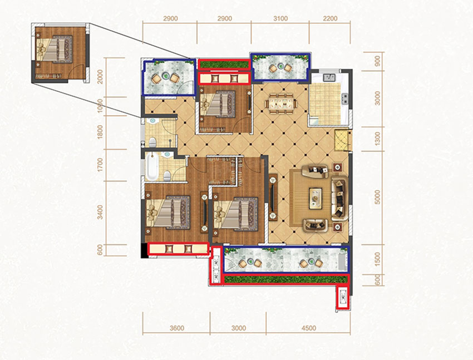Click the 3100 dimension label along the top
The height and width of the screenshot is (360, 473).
pos(280,19)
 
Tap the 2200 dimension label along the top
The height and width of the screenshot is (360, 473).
pos(330,19)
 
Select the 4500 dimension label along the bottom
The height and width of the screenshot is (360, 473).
pos(309,328)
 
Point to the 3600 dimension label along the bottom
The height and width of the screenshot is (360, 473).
pos(176,328)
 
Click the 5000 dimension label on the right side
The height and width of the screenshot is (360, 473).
pos(377,197)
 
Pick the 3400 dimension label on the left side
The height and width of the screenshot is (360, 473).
pos(100,212)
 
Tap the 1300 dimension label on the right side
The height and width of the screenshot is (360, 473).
pos(377,139)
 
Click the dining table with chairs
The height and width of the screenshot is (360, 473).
pos(281,103)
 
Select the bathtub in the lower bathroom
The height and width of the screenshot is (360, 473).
pos(152,166)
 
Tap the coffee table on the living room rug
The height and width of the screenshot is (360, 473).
pos(315,198)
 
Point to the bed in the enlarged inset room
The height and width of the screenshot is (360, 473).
pos(55,49)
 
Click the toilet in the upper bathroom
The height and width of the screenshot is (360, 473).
pos(153,142)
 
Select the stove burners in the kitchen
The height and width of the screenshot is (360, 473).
pos(344,98)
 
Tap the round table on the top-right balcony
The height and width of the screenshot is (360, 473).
pos(281,66)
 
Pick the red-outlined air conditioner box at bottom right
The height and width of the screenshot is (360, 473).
pos(343,298)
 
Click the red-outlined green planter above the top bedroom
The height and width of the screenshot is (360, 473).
pos(224,65)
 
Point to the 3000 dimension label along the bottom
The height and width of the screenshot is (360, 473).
pos(239,328)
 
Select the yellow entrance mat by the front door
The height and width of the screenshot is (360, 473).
pos(342,140)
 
